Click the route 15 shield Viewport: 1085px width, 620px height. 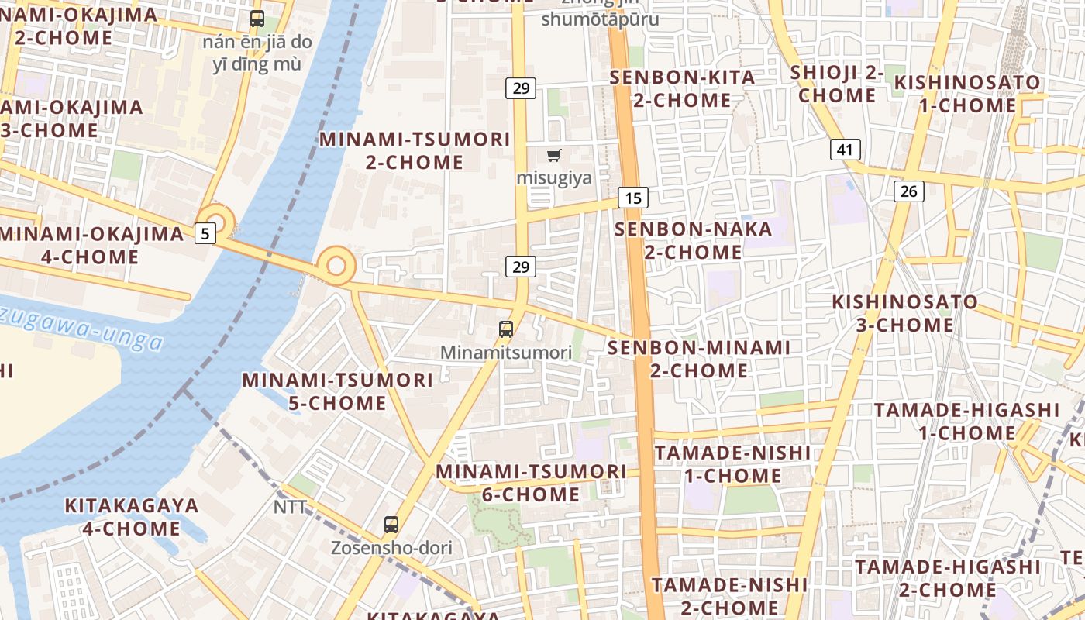pos(633,198)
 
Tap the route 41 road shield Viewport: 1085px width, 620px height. pos(845,150)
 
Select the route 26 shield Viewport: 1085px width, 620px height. pos(908,191)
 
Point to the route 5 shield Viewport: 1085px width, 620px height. pos(205,232)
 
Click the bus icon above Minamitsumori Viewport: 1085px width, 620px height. pos(506,329)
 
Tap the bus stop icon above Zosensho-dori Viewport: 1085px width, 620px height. pos(391,525)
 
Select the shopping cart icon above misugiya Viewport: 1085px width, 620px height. pos(553,156)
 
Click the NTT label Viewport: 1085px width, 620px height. pos(291,508)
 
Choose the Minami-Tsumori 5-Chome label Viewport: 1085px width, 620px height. pos(337,391)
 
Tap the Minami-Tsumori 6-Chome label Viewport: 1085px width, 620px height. pos(531,482)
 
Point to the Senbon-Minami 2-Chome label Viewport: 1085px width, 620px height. pos(698,359)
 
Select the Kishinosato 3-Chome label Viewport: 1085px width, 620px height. pos(904,313)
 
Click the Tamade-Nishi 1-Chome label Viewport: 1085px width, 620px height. pos(733,463)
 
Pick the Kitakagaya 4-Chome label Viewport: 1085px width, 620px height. pos(131,517)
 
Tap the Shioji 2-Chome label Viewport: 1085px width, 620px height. pos(837,84)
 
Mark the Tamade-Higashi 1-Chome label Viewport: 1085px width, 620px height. pos(966,421)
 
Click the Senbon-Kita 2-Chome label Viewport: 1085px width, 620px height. pos(682,88)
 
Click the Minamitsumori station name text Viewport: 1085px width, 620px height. pos(506,353)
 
